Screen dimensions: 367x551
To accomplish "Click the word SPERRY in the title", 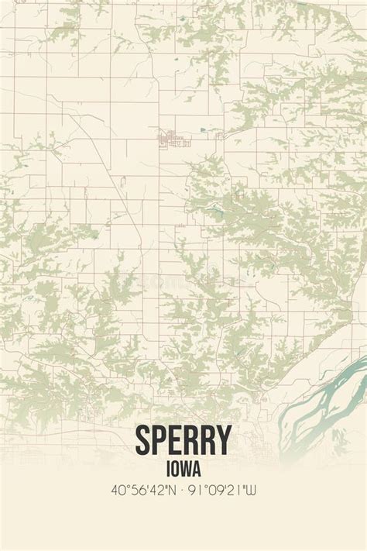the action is coord(183,441).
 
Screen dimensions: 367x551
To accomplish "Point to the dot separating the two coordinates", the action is coord(183,491).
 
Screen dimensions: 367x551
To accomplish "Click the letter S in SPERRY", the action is coord(145,441).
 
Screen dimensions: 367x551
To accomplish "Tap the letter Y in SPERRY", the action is coord(222,441).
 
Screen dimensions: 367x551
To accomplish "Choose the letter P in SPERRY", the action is coord(160,441).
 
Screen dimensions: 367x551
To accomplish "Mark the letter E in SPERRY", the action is coord(175,441).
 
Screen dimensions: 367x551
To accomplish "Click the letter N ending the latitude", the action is coord(175,491).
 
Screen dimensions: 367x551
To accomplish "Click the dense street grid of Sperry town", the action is coord(172,139).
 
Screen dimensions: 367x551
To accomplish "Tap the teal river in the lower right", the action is coord(325,387).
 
